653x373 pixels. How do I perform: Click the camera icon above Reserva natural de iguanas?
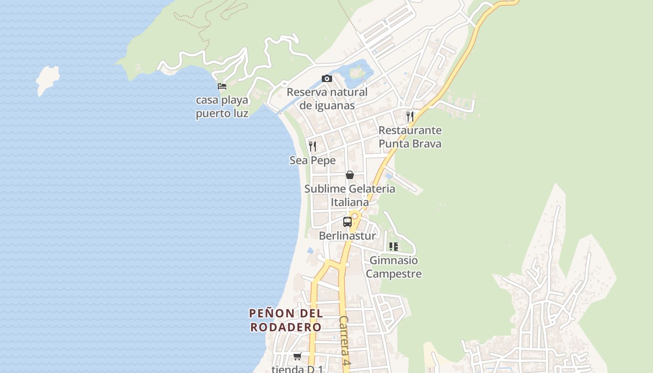pos(327,78)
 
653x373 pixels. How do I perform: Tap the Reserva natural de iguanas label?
pos(327,99)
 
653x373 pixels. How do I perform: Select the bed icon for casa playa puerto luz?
pos(222,86)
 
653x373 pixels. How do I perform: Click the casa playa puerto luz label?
pos(222,107)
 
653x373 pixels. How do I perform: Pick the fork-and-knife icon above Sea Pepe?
pos(313,146)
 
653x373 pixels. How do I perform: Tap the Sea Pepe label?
pos(313,160)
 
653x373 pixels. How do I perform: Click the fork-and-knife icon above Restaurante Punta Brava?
pos(410,116)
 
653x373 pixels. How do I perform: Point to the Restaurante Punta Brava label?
pos(410,137)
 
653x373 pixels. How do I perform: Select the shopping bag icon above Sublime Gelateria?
pos(350,175)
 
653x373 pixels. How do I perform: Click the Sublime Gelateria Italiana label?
pos(350,195)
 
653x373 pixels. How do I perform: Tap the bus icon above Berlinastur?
pos(347,222)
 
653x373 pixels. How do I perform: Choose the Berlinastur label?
pos(347,236)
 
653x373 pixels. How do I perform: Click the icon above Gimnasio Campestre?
pos(394,247)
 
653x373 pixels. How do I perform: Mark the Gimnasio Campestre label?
pos(394,267)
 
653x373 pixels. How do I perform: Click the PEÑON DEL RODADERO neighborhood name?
pos(286,320)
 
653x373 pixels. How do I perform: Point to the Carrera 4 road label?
pos(345,340)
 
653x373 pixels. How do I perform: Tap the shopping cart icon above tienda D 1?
pos(298,357)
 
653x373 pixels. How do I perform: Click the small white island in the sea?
pos(48,79)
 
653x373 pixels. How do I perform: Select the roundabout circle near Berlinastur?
pos(355,216)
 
